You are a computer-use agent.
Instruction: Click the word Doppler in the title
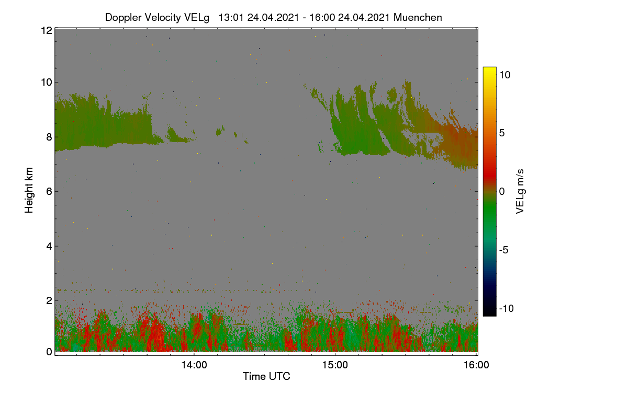pos(124,18)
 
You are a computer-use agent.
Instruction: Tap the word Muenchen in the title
pos(418,17)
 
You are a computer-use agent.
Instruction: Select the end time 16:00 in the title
pos(322,17)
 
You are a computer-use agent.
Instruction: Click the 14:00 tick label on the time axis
pos(194,365)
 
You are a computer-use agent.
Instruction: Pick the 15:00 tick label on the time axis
pos(335,365)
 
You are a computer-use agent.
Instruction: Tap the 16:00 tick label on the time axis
pos(476,365)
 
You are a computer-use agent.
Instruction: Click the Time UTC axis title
pos(266,376)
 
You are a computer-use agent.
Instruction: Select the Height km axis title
pos(29,190)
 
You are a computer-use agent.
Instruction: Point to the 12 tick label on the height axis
pos(47,30)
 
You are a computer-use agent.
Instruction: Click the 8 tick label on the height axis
pos(49,137)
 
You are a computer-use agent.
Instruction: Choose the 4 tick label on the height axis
pos(49,247)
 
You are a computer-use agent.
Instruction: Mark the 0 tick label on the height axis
pos(49,352)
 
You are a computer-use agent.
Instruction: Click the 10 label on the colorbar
pos(504,75)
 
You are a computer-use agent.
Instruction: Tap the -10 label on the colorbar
pos(507,308)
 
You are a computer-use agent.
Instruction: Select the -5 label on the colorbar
pos(503,250)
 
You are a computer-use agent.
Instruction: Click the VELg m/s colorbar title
pos(520,192)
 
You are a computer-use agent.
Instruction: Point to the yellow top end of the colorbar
pos(489,68)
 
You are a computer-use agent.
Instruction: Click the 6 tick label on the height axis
pos(49,192)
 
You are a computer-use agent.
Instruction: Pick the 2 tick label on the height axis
pos(49,300)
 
